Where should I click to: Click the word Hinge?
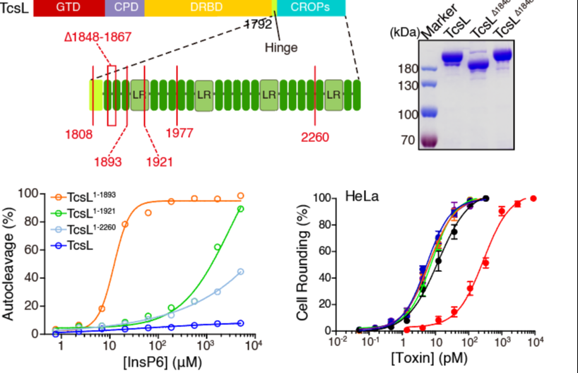point(281,48)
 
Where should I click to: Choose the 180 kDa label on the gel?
point(407,69)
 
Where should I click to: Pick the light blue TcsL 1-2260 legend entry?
point(87,230)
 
